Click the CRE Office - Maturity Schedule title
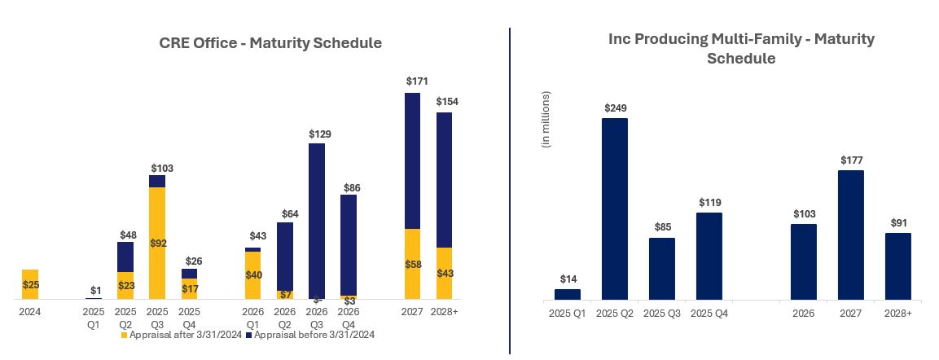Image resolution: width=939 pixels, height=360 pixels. [270, 43]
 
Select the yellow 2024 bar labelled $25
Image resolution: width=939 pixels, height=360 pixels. [30, 284]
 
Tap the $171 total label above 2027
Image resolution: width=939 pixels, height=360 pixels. [417, 81]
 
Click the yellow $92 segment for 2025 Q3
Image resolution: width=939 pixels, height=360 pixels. [157, 243]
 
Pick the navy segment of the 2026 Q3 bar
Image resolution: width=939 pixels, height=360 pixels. [317, 220]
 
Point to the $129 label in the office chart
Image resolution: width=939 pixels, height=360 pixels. [320, 134]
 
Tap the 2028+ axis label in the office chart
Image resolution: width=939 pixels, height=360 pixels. [445, 311]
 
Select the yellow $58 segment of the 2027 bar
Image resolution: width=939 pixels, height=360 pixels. [413, 264]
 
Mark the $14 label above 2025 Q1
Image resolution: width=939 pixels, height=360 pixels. [568, 279]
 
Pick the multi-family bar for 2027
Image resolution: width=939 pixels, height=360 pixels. [851, 235]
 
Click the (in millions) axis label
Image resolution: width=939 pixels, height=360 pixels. [546, 119]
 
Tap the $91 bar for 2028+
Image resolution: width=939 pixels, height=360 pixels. [898, 266]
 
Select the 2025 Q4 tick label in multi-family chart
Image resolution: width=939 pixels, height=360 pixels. [709, 314]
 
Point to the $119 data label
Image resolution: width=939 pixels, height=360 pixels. [709, 203]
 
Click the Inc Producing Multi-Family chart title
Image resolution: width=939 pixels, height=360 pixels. [741, 49]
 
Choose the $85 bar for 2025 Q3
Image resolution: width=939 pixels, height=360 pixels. [662, 269]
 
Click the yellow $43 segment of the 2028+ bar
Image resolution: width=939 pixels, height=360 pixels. [445, 273]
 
